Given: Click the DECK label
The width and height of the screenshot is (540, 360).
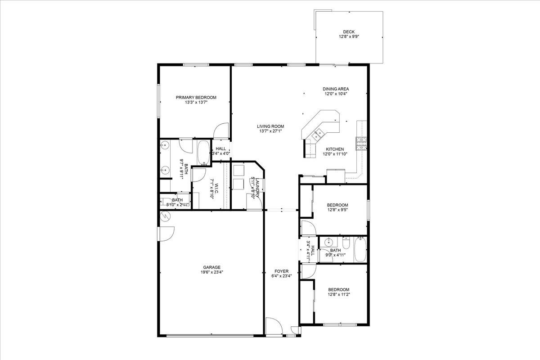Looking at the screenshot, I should coord(349,31).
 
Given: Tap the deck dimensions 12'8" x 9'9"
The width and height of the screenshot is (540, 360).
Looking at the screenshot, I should coord(349,36).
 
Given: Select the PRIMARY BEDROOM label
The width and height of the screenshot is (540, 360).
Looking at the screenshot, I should coord(196,98).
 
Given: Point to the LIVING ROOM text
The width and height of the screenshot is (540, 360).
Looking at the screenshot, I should coord(270,126).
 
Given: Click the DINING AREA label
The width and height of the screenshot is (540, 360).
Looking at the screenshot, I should coord(336,89).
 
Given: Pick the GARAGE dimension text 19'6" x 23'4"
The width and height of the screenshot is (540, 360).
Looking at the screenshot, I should coord(211,272).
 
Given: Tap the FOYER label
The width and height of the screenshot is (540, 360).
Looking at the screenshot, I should coord(282,271).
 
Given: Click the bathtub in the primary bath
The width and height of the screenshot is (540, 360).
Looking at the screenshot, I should coord(203,153).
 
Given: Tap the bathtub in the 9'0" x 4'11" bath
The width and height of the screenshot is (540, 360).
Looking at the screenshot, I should coord(360,250).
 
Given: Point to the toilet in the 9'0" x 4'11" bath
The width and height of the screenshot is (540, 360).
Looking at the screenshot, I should coord(346,243).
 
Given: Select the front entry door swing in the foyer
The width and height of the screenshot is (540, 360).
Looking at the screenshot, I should coord(273,326).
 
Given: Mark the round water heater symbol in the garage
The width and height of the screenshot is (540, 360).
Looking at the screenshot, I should coord(165,216).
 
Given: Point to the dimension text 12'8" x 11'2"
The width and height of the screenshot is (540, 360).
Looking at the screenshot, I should coord(339,294).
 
